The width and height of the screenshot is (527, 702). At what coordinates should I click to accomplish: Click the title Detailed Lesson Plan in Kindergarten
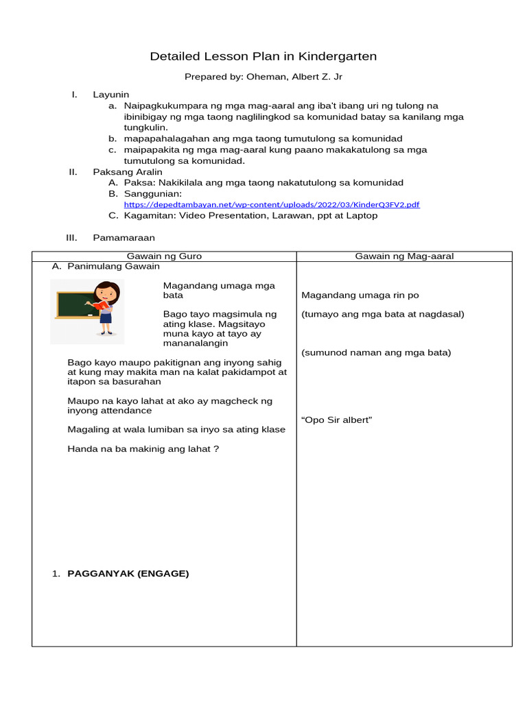(x=263, y=56)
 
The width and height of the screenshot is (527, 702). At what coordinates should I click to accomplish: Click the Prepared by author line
(x=263, y=77)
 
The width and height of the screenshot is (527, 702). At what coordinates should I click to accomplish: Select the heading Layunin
(x=111, y=94)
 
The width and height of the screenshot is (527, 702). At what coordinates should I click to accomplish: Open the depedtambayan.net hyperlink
(x=272, y=204)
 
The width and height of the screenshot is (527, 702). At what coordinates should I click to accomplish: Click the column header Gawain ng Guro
(x=165, y=256)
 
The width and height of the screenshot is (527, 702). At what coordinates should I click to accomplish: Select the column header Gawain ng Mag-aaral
(x=404, y=256)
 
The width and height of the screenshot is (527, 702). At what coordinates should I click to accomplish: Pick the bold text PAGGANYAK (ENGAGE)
(x=128, y=574)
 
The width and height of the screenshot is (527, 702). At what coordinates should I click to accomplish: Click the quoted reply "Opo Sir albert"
(x=336, y=420)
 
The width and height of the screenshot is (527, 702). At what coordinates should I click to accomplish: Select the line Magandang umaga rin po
(x=360, y=295)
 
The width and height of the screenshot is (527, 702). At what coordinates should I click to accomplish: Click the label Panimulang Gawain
(x=113, y=266)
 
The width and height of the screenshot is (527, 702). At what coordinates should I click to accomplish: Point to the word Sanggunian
(x=153, y=194)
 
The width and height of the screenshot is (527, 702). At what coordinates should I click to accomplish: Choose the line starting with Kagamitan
(x=250, y=215)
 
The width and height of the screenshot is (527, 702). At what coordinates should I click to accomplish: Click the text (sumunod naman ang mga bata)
(x=376, y=352)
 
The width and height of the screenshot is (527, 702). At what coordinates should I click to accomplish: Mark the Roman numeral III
(x=71, y=237)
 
